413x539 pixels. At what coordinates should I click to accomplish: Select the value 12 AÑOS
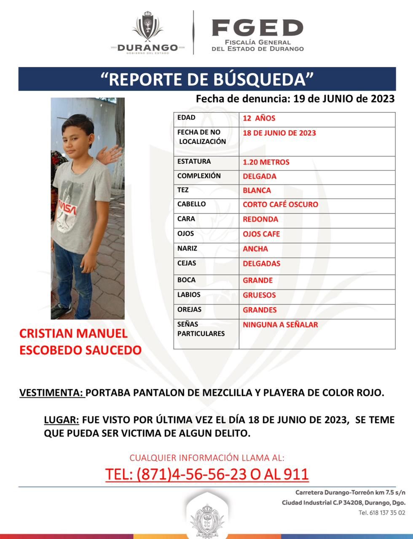[x=259, y=118]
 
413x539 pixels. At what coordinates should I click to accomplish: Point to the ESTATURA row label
[x=194, y=161]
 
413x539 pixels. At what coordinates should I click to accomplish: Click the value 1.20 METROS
[x=266, y=162]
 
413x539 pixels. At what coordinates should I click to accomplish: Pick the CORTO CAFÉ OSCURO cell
[x=280, y=205]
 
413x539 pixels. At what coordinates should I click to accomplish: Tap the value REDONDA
[x=260, y=219]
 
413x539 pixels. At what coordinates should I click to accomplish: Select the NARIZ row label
[x=187, y=248]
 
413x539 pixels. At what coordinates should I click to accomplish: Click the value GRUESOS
[x=259, y=295]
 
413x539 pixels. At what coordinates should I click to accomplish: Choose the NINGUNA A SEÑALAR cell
[x=280, y=325]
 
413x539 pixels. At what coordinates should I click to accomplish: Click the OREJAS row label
[x=189, y=310]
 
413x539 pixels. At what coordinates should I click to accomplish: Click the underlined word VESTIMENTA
[x=51, y=393]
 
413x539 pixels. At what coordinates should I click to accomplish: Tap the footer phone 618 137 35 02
[x=382, y=513]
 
